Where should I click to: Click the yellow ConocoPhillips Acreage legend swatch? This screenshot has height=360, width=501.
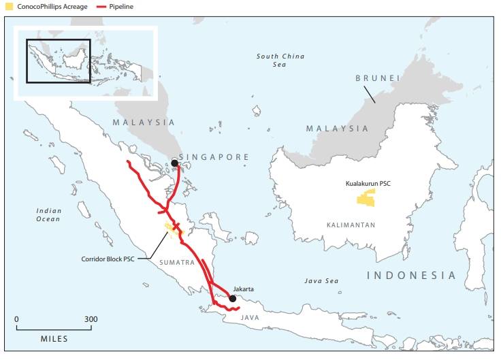(x=10, y=6)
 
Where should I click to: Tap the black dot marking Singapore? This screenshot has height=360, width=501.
(x=175, y=163)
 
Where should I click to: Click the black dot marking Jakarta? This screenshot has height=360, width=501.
(x=233, y=298)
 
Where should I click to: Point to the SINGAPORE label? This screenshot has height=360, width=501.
(x=216, y=157)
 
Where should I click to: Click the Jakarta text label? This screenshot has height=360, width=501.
(x=243, y=289)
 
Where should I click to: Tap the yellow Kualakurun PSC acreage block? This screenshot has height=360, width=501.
(x=366, y=198)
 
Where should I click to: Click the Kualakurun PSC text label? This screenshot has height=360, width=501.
(x=367, y=184)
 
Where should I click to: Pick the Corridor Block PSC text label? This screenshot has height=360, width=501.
(x=113, y=259)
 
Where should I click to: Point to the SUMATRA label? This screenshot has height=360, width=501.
(x=177, y=262)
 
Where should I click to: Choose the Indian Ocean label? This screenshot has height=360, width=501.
(x=48, y=215)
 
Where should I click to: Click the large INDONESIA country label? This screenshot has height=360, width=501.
(x=411, y=275)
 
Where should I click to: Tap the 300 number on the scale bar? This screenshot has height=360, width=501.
(x=91, y=318)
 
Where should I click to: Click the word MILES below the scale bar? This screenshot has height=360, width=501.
(x=54, y=338)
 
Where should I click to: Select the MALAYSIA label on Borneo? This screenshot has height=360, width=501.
(x=337, y=128)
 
